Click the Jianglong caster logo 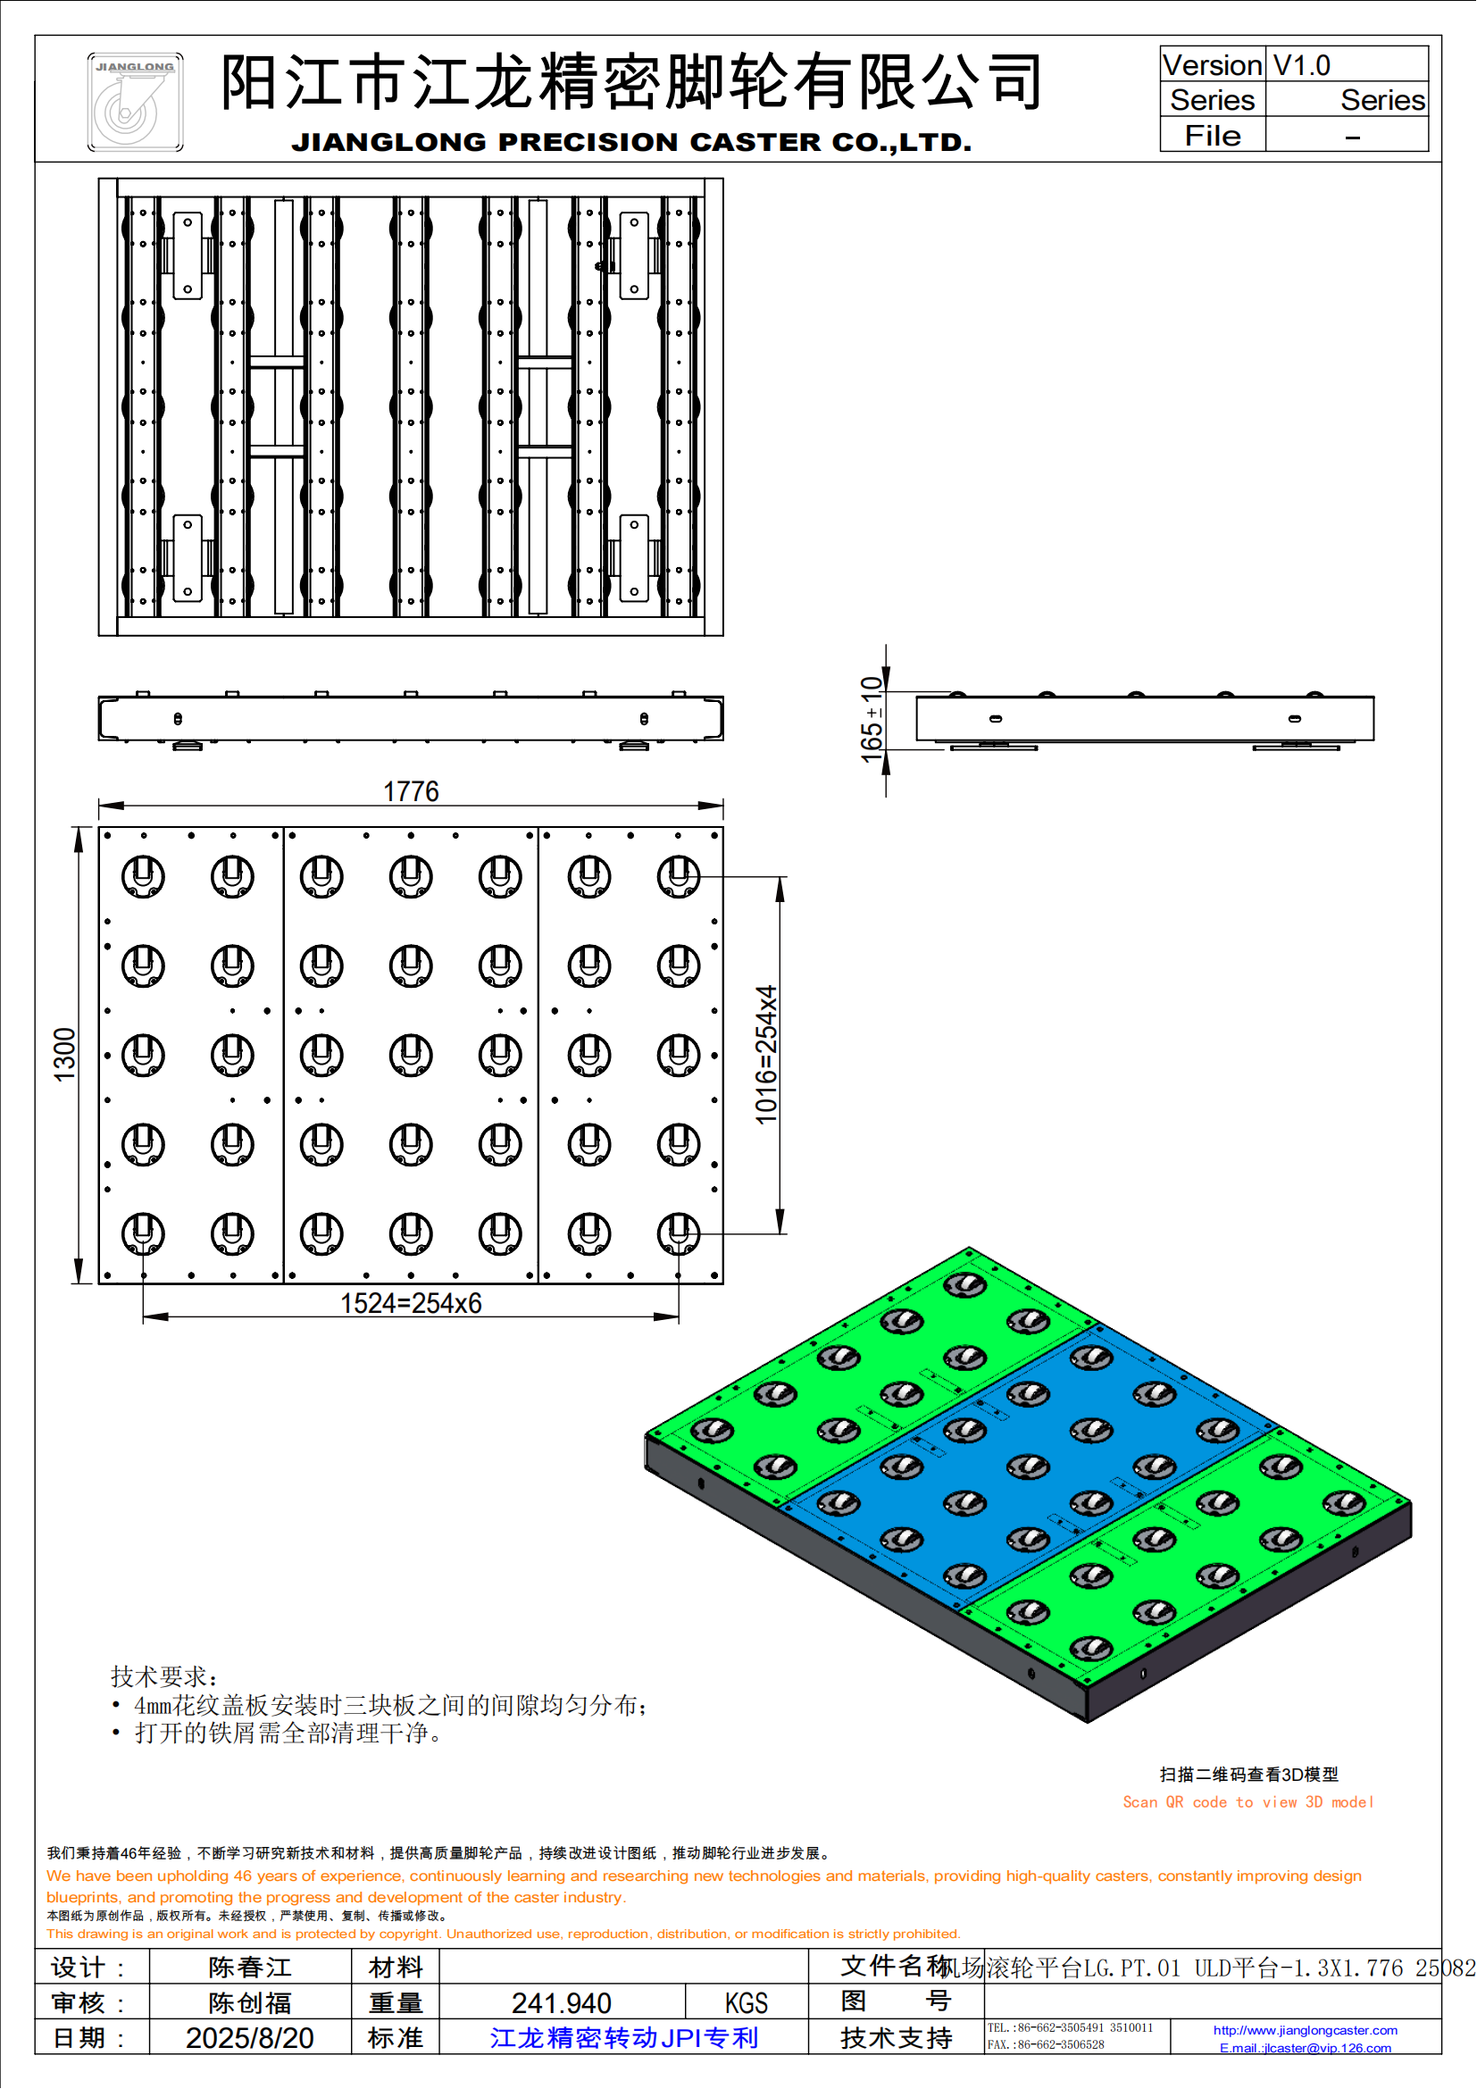pyautogui.click(x=135, y=102)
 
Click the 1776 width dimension pyautogui.click(x=410, y=791)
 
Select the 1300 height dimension pyautogui.click(x=64, y=1055)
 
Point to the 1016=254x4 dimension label pyautogui.click(x=767, y=1055)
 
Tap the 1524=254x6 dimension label pyautogui.click(x=410, y=1303)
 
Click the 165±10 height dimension pyautogui.click(x=872, y=719)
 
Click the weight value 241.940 pyautogui.click(x=561, y=2002)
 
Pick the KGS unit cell pyautogui.click(x=746, y=2002)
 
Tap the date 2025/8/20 pyautogui.click(x=249, y=2038)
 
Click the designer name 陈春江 pyautogui.click(x=249, y=1967)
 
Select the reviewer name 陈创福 pyautogui.click(x=249, y=2002)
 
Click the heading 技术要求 pyautogui.click(x=163, y=1675)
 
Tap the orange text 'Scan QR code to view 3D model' pyautogui.click(x=1248, y=1801)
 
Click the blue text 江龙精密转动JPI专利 pyautogui.click(x=624, y=2038)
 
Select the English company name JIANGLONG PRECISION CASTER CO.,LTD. pyautogui.click(x=631, y=142)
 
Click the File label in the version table pyautogui.click(x=1212, y=136)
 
